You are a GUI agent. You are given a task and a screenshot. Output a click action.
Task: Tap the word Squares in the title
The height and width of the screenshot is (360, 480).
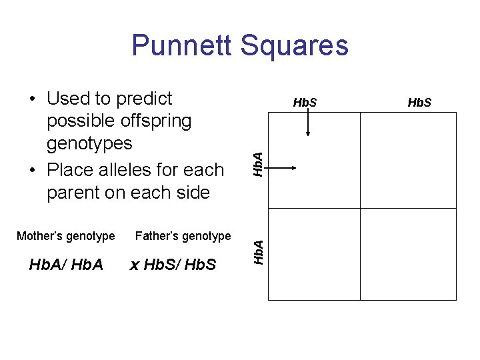(x=295, y=45)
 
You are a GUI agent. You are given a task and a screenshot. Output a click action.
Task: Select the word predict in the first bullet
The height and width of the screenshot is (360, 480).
(x=144, y=99)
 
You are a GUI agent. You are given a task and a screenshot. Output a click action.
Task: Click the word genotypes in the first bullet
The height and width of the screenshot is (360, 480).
(x=89, y=144)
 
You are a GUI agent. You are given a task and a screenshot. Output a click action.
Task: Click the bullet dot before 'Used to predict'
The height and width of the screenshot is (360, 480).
(x=33, y=100)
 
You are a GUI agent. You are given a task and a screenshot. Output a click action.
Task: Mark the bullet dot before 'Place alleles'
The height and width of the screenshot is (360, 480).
(x=33, y=171)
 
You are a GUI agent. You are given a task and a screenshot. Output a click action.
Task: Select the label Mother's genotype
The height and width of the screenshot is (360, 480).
(x=65, y=236)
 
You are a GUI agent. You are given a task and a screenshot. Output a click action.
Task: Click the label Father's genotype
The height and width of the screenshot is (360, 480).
(x=183, y=236)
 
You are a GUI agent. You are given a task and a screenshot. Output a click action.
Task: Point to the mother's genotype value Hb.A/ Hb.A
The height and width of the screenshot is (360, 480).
(x=66, y=265)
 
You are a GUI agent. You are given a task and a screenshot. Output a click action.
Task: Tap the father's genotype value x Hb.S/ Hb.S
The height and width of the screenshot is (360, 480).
(x=173, y=265)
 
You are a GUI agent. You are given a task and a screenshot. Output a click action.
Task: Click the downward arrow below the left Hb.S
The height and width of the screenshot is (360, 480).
(x=308, y=124)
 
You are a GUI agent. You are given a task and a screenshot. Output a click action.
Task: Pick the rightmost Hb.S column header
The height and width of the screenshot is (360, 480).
(x=419, y=103)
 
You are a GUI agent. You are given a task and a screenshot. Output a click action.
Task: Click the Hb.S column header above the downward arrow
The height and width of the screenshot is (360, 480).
(x=305, y=103)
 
